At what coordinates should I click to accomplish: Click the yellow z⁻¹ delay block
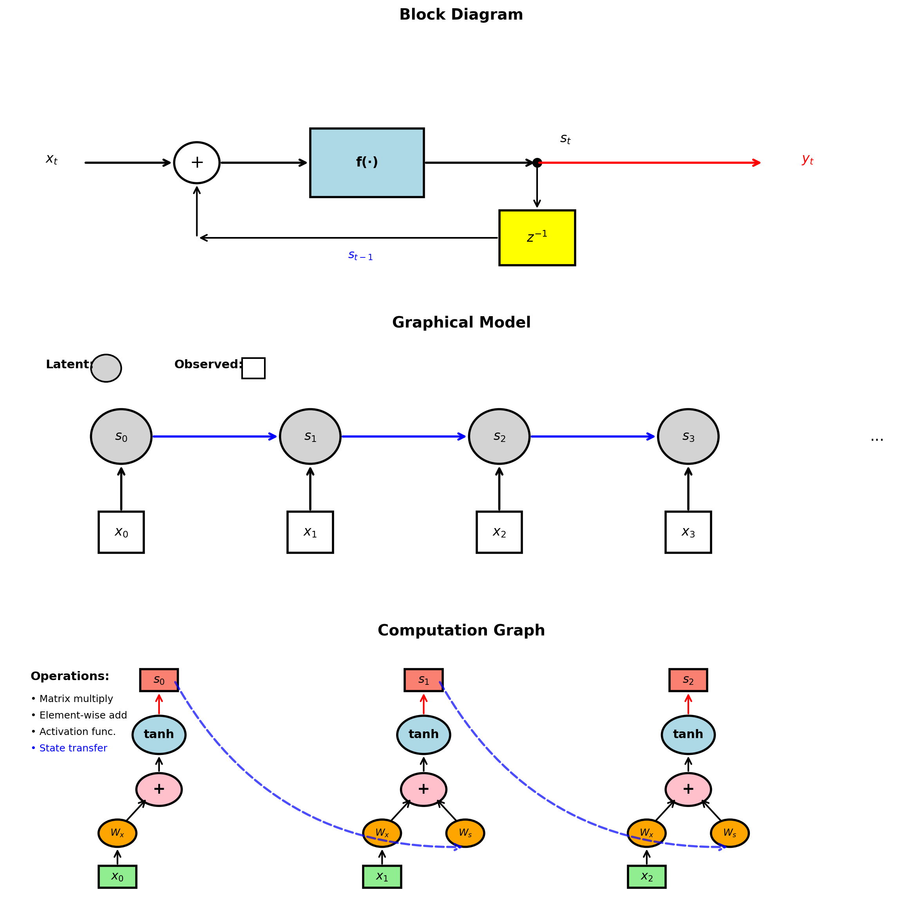tap(537, 237)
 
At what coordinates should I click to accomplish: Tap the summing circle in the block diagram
tap(197, 163)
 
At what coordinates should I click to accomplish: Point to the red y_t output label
tap(807, 159)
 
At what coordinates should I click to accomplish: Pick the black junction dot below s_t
tap(537, 163)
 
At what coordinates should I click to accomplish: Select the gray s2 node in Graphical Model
tap(499, 436)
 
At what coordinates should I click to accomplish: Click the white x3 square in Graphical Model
tap(688, 532)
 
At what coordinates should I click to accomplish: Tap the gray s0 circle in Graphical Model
tap(121, 436)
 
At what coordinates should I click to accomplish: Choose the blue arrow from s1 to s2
tap(404, 436)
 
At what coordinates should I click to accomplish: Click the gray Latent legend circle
tap(106, 368)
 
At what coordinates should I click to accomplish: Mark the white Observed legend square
tap(253, 368)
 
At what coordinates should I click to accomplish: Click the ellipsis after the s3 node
tap(877, 438)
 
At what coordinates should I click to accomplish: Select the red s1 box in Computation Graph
tap(423, 680)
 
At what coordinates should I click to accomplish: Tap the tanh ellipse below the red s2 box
tap(688, 734)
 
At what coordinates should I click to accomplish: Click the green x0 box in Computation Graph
tap(118, 877)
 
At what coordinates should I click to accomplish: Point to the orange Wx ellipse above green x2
tap(646, 833)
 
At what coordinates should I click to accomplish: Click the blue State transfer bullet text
tap(69, 748)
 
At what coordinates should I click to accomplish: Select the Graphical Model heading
tap(461, 322)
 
